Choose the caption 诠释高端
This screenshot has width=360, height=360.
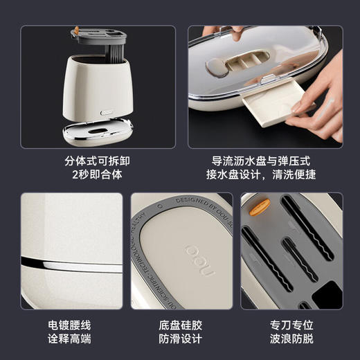click(69, 339)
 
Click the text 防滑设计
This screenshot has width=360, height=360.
click(180, 339)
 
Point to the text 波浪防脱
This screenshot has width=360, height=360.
click(291, 339)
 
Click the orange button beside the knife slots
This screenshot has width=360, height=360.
click(260, 206)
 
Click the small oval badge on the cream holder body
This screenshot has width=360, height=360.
click(106, 110)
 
